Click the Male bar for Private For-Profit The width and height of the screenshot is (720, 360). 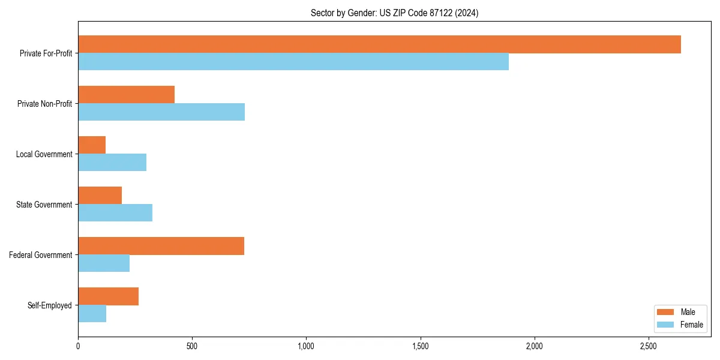click(379, 44)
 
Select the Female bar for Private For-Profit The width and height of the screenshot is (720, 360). click(293, 62)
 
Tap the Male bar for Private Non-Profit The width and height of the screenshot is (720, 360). click(126, 95)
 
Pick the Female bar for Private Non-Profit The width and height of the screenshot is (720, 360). click(161, 112)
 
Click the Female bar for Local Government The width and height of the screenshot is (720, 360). click(112, 163)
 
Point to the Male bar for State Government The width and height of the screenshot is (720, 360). click(100, 196)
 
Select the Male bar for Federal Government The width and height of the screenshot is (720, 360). click(161, 246)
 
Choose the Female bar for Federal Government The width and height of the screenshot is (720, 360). click(104, 263)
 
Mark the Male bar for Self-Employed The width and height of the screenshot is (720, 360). click(108, 296)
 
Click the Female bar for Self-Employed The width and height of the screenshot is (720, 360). click(92, 314)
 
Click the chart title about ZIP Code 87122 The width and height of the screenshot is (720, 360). click(394, 13)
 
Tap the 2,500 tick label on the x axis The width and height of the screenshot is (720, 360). click(648, 346)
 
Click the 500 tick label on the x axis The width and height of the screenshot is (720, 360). click(192, 346)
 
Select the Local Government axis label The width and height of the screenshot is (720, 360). click(44, 154)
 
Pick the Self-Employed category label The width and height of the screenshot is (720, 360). click(49, 305)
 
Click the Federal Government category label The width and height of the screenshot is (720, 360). click(40, 255)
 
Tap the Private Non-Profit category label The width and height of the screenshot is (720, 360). click(44, 104)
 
